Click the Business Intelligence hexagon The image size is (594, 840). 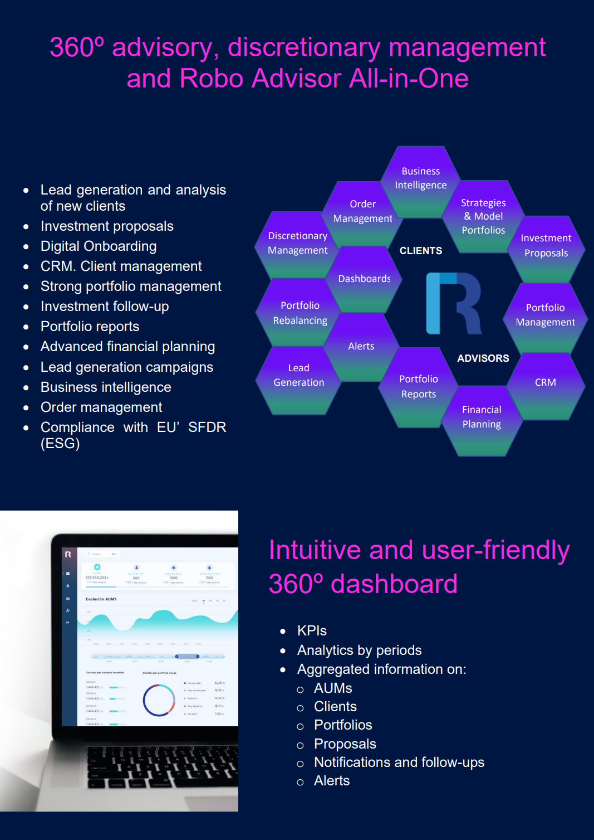click(x=421, y=178)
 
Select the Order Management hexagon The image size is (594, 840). click(x=362, y=212)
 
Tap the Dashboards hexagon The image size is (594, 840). click(x=365, y=279)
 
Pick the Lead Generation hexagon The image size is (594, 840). click(x=298, y=376)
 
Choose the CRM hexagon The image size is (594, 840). click(x=546, y=382)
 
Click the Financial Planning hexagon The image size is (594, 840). click(x=482, y=417)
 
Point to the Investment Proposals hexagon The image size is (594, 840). click(x=546, y=246)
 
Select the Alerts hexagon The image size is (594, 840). click(x=361, y=346)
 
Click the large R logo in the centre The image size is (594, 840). click(x=453, y=303)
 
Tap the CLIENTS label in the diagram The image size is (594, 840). click(x=421, y=251)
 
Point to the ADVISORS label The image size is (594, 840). click(x=483, y=358)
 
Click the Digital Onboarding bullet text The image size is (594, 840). click(x=99, y=246)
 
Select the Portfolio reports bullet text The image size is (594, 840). click(x=90, y=327)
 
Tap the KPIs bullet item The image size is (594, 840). click(x=312, y=630)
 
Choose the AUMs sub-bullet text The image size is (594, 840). click(x=333, y=688)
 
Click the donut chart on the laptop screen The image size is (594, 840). click(x=159, y=700)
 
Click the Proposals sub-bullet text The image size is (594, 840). click(x=345, y=744)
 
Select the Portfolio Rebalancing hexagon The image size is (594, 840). click(x=300, y=313)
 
